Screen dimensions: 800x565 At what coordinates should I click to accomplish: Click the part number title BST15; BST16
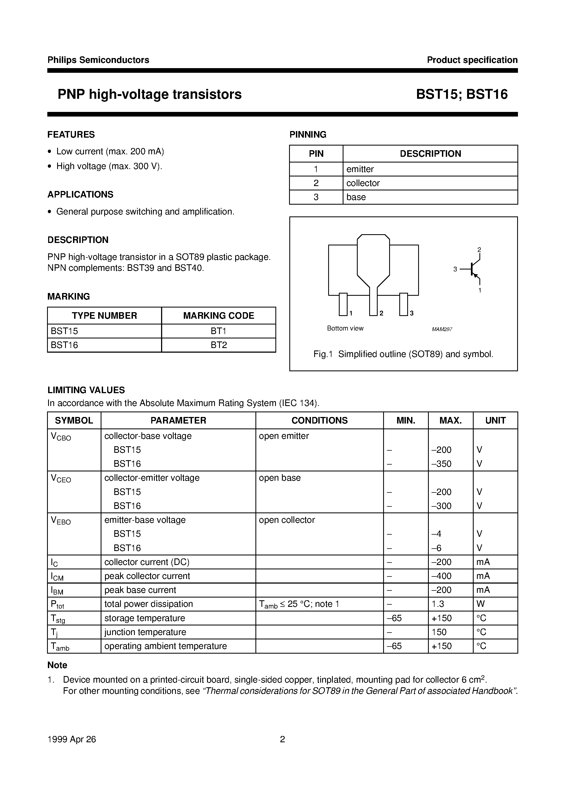[462, 94]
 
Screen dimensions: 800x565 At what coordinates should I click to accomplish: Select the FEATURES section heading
[71, 135]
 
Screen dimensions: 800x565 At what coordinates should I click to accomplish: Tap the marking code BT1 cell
[219, 331]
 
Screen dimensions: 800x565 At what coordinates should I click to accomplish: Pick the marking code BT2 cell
[219, 345]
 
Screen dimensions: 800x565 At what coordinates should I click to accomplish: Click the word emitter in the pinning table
[360, 169]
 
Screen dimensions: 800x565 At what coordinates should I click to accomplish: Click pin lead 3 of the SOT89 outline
[403, 304]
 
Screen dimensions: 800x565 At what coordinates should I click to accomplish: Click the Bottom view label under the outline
[345, 328]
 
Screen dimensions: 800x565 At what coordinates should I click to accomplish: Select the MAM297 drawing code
[442, 329]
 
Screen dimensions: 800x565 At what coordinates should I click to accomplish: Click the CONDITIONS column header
[319, 420]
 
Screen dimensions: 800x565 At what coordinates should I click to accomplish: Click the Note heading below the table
[57, 665]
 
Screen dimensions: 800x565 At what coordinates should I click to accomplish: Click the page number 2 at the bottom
[282, 739]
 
